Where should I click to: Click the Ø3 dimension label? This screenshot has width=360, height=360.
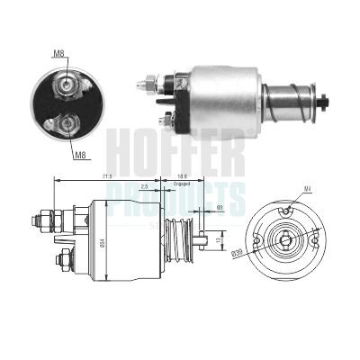(x=220, y=209)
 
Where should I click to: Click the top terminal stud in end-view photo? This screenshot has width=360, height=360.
(x=68, y=86)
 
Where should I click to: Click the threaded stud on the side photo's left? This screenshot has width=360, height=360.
(x=145, y=86)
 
